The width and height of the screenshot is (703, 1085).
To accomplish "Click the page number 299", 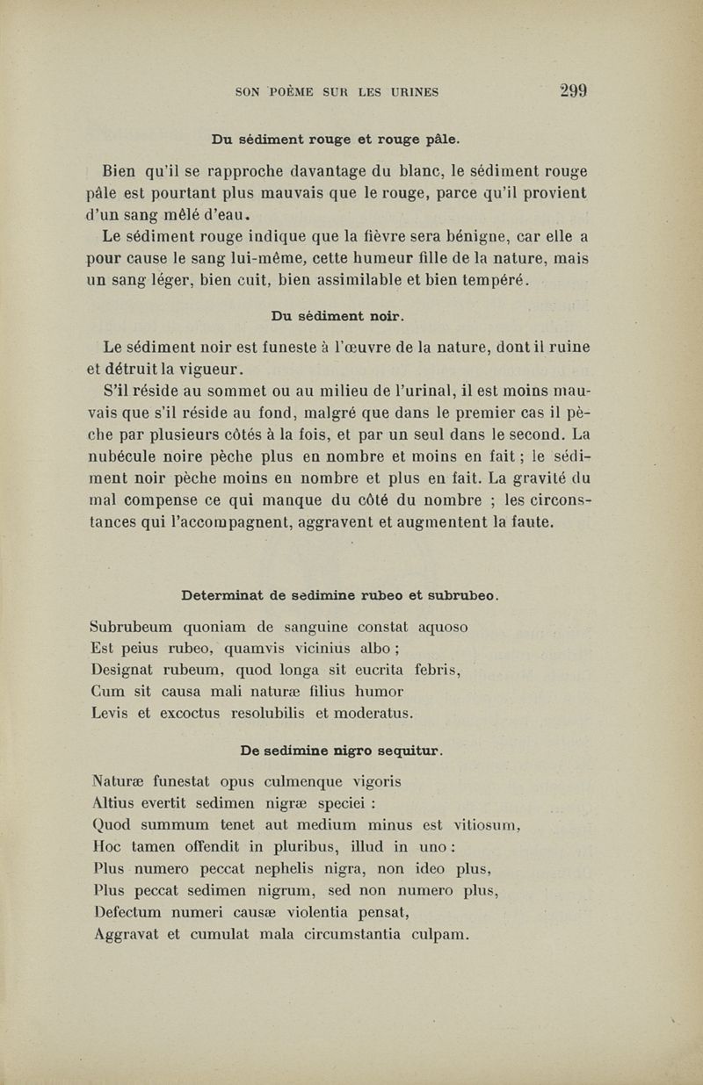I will (x=570, y=90).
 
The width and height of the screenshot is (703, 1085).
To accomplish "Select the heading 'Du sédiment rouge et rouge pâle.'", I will (x=336, y=139).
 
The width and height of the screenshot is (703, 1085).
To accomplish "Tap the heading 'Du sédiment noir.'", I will (x=337, y=314).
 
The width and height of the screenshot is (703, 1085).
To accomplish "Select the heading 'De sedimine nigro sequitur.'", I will (x=341, y=750).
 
